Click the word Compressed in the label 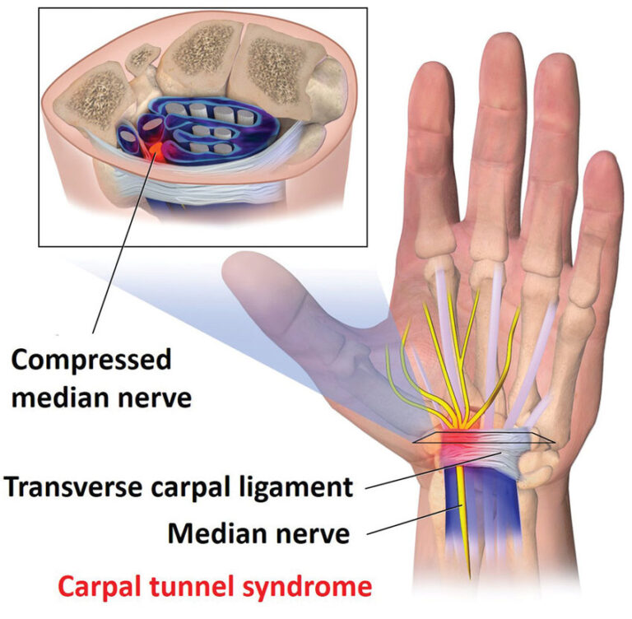click(91, 361)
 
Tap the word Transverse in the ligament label click(74, 486)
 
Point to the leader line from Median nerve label click(414, 519)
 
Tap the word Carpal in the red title click(101, 588)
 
